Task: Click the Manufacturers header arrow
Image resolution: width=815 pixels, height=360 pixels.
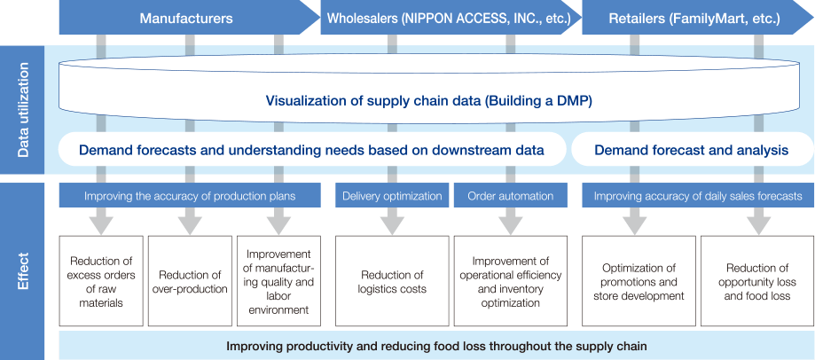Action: (187, 18)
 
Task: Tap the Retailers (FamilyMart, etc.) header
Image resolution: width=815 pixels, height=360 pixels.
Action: (696, 18)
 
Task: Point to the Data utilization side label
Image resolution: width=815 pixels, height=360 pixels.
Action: (22, 110)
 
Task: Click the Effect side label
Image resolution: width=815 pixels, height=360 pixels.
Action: (22, 270)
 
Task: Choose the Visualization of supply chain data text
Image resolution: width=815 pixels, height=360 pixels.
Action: (429, 101)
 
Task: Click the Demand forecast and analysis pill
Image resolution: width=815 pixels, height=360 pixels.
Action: (693, 151)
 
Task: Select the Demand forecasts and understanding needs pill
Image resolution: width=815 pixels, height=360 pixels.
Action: (312, 151)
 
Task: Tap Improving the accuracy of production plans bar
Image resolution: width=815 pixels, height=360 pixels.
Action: (189, 196)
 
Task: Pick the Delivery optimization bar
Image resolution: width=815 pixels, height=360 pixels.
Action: (392, 196)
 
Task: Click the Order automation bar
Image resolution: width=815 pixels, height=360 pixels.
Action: (511, 196)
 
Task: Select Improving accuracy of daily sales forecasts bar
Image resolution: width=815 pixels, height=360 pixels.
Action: (698, 196)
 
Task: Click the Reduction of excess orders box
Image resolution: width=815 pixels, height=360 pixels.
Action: (101, 280)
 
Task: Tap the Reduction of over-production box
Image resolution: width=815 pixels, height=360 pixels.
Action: (191, 280)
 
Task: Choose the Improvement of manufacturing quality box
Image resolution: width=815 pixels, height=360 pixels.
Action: (278, 280)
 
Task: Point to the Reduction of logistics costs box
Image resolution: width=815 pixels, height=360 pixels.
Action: (392, 280)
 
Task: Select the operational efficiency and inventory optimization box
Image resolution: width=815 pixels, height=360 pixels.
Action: (511, 280)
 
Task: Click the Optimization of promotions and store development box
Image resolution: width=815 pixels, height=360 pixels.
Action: (639, 280)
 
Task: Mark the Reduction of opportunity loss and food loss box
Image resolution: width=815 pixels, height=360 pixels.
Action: (758, 280)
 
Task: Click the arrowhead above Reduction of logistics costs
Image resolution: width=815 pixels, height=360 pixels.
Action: (392, 225)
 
